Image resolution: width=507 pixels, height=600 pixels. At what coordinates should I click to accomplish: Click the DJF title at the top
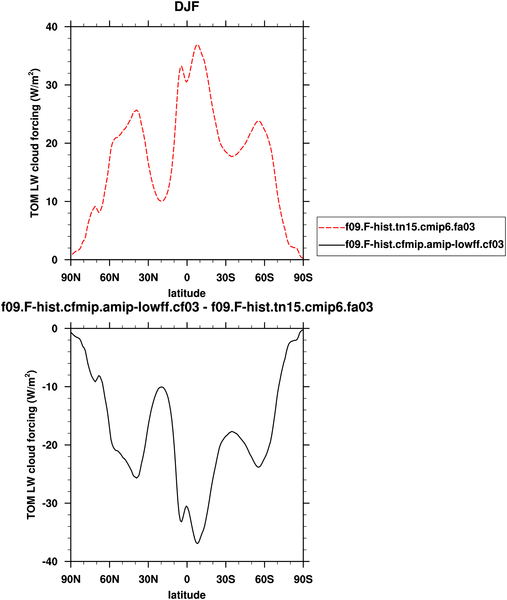187,7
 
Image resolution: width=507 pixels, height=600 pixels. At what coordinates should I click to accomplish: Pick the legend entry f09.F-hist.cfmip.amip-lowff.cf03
424,244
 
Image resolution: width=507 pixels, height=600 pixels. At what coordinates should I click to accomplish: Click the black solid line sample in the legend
332,245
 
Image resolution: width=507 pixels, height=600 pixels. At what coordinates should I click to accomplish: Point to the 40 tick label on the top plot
52,27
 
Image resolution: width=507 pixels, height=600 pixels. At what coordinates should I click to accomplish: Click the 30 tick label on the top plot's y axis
52,85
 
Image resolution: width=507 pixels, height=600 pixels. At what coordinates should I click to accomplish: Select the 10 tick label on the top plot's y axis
52,202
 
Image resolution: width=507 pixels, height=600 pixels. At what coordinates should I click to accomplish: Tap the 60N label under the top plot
109,278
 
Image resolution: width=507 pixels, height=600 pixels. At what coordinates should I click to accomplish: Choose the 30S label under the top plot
226,278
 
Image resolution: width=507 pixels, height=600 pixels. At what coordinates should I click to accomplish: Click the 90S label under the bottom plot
303,579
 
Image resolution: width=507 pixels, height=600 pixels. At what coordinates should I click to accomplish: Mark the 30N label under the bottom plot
148,579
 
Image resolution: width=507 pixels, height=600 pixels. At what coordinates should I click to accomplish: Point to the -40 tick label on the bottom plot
50,562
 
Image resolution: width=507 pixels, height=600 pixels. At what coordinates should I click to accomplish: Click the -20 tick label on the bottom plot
50,445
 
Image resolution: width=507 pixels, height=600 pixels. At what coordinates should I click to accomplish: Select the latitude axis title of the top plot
187,293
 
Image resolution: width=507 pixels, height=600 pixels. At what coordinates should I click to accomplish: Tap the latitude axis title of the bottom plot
187,595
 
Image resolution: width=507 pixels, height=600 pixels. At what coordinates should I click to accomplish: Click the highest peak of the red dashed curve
197,45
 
